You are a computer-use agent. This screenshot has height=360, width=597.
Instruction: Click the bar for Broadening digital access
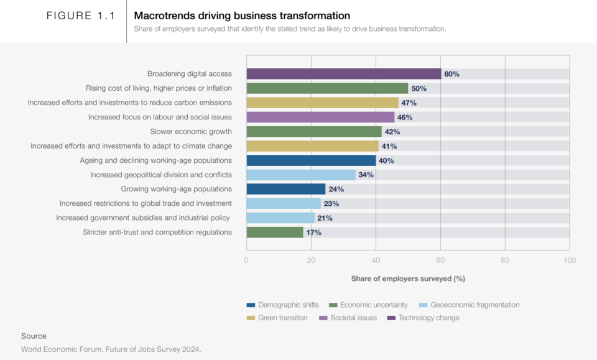click(x=343, y=74)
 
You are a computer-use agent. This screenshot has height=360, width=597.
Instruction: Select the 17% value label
click(x=313, y=233)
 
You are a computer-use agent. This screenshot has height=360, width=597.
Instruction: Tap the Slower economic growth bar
click(x=314, y=132)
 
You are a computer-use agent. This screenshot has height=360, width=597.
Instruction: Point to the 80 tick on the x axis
click(x=505, y=260)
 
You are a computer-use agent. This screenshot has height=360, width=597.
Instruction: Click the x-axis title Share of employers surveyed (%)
click(x=408, y=279)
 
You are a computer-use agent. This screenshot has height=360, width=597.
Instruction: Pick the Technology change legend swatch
click(x=391, y=318)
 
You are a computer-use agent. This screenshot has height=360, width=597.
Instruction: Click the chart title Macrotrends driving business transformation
click(x=242, y=16)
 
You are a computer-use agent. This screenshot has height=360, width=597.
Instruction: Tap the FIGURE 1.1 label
click(x=81, y=16)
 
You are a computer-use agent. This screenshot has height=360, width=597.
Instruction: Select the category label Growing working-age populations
click(x=176, y=189)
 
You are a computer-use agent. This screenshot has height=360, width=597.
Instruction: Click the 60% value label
click(x=451, y=74)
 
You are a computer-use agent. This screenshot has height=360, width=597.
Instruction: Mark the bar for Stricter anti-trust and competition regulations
click(x=275, y=233)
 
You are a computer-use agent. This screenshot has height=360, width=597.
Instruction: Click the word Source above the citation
click(x=34, y=336)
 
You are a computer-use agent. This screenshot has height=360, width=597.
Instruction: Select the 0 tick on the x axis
click(x=247, y=260)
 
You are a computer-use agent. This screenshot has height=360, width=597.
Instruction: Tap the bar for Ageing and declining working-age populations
click(x=311, y=160)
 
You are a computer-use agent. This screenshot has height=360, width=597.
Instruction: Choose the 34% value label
click(x=366, y=175)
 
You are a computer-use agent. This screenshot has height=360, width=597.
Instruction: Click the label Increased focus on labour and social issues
click(x=160, y=117)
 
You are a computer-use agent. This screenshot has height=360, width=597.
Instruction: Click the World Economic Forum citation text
click(x=111, y=349)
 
